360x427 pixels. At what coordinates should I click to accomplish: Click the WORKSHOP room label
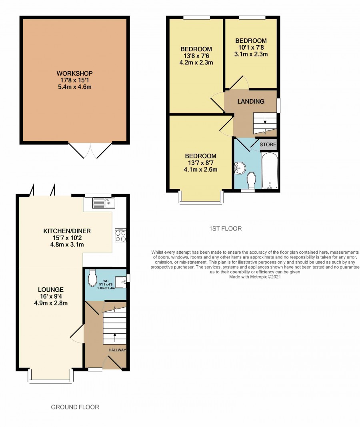tap(74, 73)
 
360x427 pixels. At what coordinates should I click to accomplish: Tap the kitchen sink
tap(104, 203)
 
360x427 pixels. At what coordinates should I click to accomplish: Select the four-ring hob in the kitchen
tap(120, 235)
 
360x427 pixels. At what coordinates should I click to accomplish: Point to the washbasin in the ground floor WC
tap(120, 282)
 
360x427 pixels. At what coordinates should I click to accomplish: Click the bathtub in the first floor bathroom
tap(270, 170)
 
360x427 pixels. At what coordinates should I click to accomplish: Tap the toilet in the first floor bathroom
tap(251, 180)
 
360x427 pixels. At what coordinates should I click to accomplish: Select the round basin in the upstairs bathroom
tap(240, 168)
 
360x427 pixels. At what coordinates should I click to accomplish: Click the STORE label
tap(268, 144)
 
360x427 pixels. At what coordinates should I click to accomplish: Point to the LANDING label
tap(251, 102)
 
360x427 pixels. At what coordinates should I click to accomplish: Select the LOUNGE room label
tap(51, 290)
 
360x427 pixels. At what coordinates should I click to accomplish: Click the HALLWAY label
tap(117, 350)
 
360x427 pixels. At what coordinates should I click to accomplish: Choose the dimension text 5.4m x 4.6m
tap(74, 87)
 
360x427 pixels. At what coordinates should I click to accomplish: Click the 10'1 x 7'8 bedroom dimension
tap(251, 47)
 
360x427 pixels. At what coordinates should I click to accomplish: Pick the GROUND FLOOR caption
tap(75, 407)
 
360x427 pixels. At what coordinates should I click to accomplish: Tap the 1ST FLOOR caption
tap(226, 229)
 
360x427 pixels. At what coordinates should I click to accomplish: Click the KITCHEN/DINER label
tap(67, 231)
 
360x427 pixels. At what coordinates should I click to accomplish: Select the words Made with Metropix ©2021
tap(255, 277)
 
